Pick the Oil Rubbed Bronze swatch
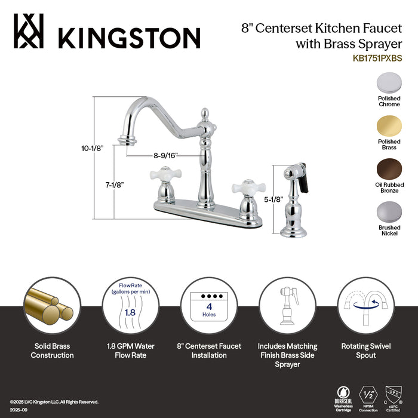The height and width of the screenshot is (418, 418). click(x=389, y=170)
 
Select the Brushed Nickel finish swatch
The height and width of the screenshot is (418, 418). click(x=389, y=213)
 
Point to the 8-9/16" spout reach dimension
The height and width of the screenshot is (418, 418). click(x=165, y=155)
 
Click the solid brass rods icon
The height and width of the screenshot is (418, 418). click(x=49, y=305)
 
